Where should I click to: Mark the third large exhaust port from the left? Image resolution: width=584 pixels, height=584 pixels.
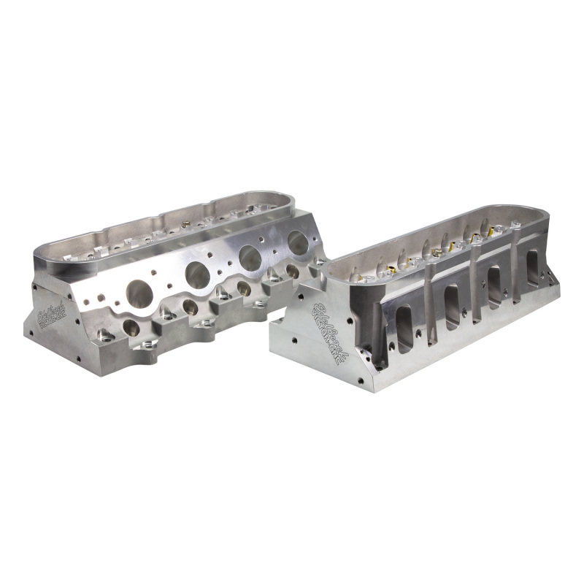coord(250,258)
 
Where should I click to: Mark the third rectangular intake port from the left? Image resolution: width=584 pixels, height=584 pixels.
coord(496,283)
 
